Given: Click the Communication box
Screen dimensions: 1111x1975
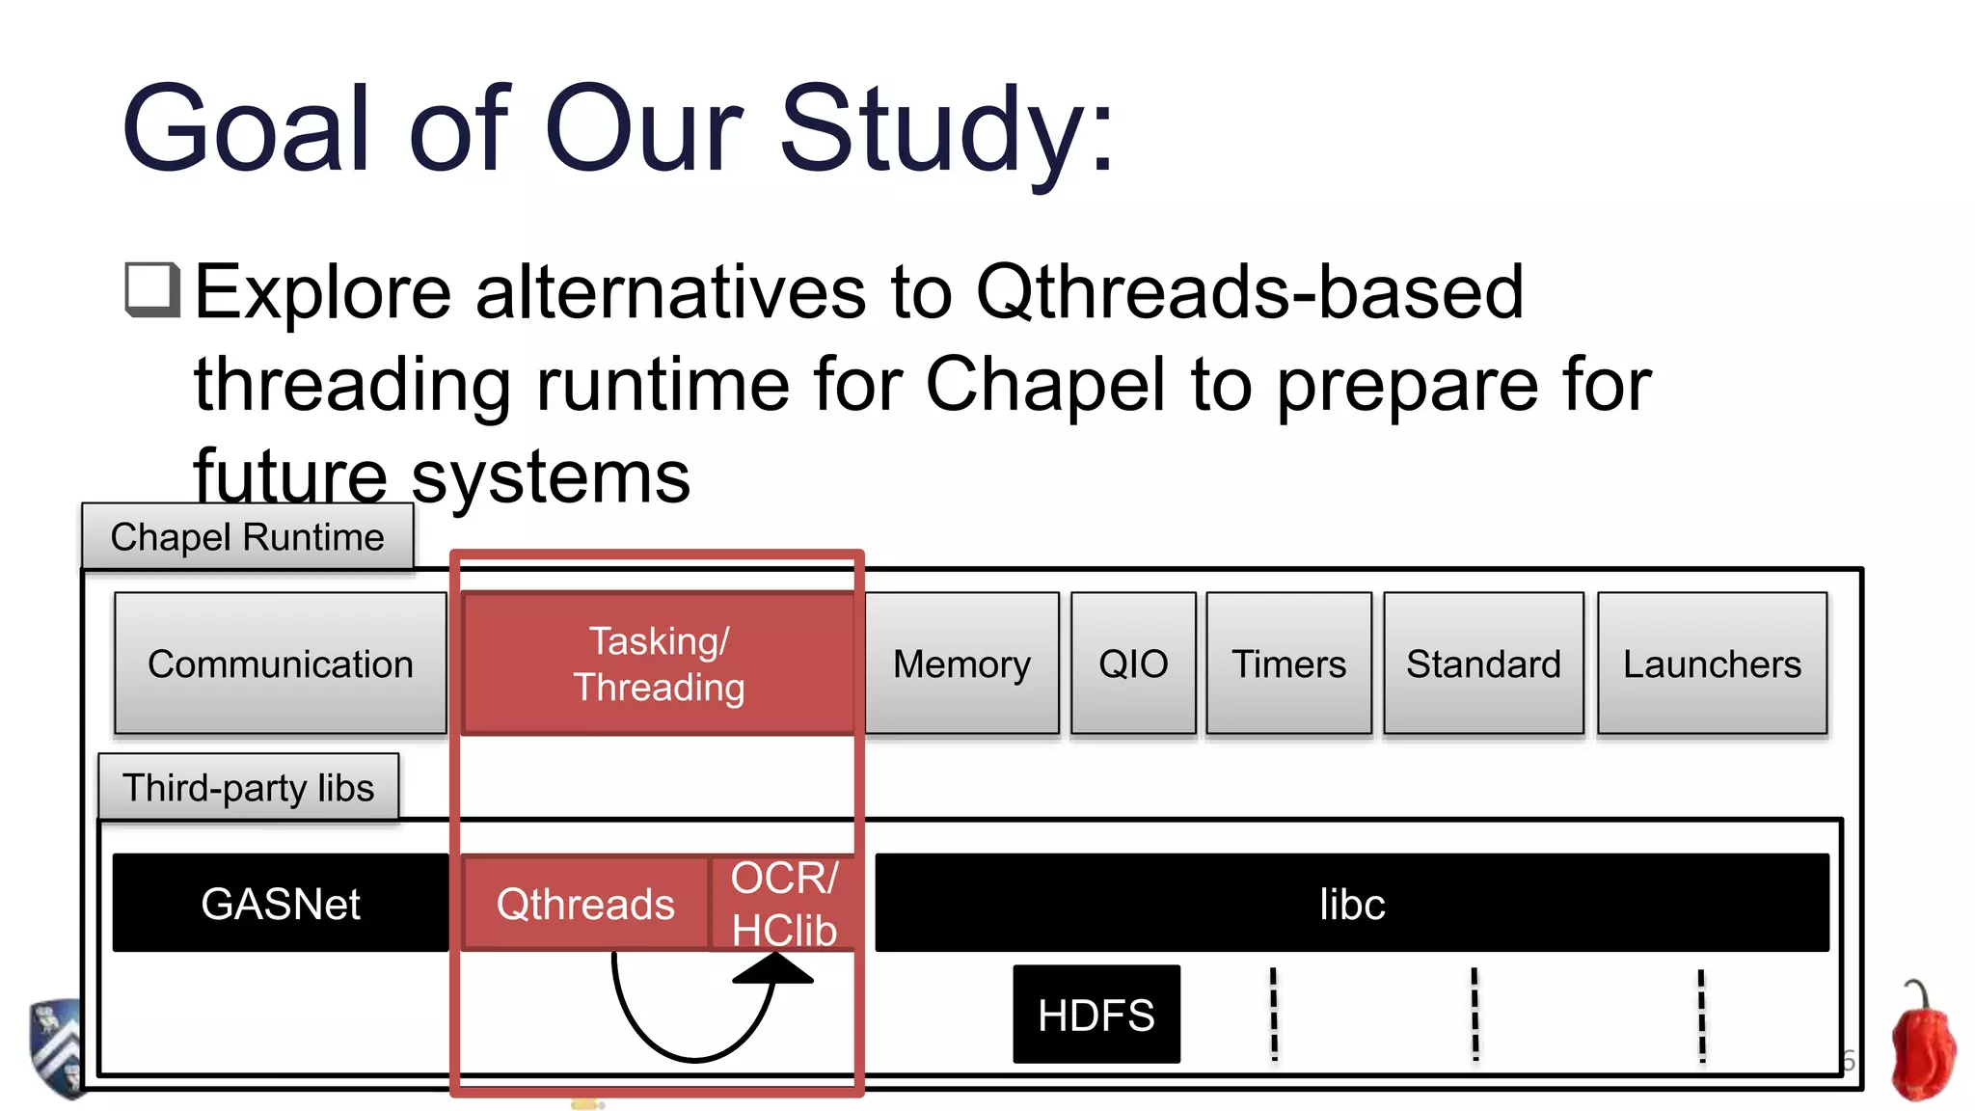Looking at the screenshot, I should click(280, 664).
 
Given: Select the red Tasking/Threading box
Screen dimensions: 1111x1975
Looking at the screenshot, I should click(659, 664).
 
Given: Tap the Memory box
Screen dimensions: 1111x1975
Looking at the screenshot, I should click(961, 664).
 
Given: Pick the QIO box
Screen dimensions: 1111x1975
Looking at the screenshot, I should click(1133, 664).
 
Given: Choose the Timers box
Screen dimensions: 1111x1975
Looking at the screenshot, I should click(1288, 664).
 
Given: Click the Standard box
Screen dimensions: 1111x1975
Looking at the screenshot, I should click(1483, 664).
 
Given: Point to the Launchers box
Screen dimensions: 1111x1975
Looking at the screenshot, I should click(1712, 664).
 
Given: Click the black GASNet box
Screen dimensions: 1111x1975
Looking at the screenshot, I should click(280, 903).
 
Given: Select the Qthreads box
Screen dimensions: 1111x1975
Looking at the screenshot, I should click(585, 904).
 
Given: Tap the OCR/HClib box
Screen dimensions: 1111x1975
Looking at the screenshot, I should click(783, 904).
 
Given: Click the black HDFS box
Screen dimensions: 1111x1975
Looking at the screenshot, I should click(1096, 1015).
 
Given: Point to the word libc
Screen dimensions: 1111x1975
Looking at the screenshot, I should click(1352, 904).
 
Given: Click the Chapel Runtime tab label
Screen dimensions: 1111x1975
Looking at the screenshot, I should click(247, 536).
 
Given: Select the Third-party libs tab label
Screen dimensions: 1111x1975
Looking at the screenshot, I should click(248, 787).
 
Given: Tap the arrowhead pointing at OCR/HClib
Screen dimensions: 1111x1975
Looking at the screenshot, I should click(773, 968).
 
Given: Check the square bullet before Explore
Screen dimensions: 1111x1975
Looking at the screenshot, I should click(152, 289).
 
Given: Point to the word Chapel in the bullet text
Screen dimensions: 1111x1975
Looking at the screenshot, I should click(1045, 384).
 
